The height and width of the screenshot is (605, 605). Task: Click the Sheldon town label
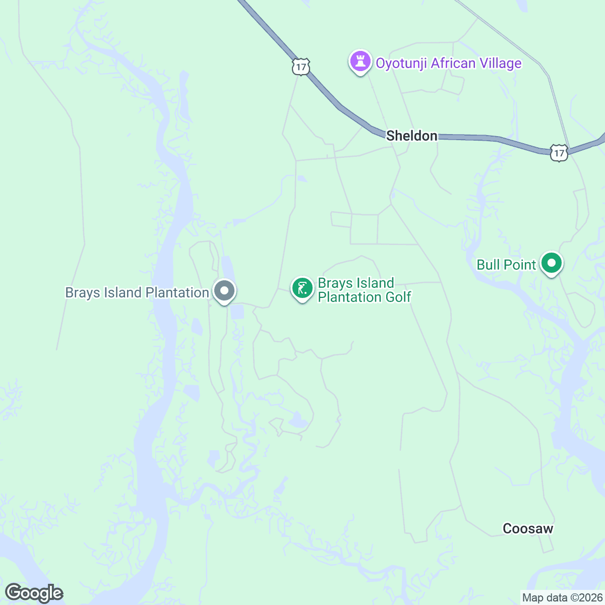pyautogui.click(x=411, y=136)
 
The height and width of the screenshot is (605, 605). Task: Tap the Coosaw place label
pyautogui.click(x=528, y=528)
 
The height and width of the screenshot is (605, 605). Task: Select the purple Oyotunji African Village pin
pyautogui.click(x=360, y=62)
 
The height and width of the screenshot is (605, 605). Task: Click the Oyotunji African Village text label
pyautogui.click(x=449, y=63)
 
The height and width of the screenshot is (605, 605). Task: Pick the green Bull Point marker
pyautogui.click(x=552, y=263)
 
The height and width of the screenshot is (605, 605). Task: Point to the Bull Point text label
pyautogui.click(x=506, y=265)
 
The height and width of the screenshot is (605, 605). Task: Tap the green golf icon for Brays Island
pyautogui.click(x=302, y=289)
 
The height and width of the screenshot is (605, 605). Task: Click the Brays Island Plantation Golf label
pyautogui.click(x=364, y=290)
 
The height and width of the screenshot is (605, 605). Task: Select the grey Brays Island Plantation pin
pyautogui.click(x=224, y=291)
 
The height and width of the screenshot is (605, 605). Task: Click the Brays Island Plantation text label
pyautogui.click(x=137, y=292)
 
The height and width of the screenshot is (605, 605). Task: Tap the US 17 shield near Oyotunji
pyautogui.click(x=300, y=67)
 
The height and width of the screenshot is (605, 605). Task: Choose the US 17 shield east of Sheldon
pyautogui.click(x=559, y=153)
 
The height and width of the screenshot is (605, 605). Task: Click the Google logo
pyautogui.click(x=34, y=593)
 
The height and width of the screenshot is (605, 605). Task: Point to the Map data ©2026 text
pyautogui.click(x=562, y=598)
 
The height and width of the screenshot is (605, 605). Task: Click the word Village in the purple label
pyautogui.click(x=501, y=63)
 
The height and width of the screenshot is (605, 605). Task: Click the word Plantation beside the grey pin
pyautogui.click(x=177, y=292)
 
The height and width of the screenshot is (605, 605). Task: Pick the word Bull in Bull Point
pyautogui.click(x=488, y=265)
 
